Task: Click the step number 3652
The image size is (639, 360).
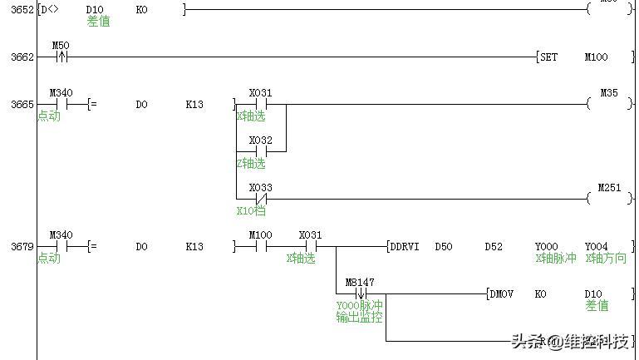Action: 22,10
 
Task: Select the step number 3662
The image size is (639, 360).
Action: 22,57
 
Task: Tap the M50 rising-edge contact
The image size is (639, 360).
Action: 61,57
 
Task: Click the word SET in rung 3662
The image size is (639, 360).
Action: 548,57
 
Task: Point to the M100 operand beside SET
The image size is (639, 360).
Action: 597,57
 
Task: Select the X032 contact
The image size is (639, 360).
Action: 260,152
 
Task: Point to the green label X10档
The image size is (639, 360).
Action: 251,211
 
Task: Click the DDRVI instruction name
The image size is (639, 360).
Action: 405,247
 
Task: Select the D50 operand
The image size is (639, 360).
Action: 445,247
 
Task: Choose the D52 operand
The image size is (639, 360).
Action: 494,247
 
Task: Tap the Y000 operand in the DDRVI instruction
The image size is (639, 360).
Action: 547,247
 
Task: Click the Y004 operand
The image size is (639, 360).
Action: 597,247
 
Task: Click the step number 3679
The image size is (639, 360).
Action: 22,247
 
